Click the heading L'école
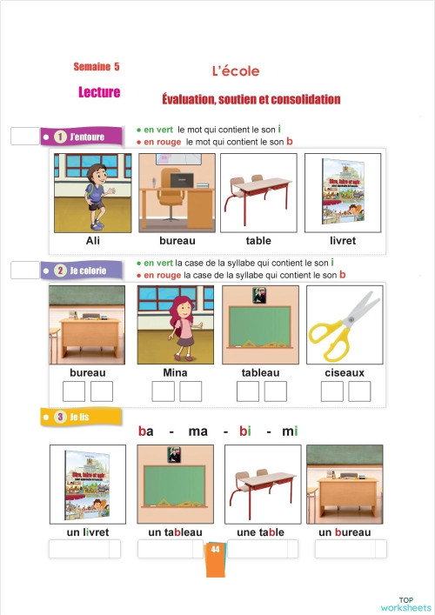tap(236, 70)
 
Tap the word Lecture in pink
tap(99, 92)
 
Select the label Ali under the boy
tap(93, 240)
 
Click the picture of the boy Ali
tap(93, 191)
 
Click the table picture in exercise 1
tap(258, 191)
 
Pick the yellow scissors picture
tap(345, 324)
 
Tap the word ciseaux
tap(345, 372)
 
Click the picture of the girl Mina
tap(176, 324)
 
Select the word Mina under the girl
tap(176, 372)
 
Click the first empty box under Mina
tap(163, 391)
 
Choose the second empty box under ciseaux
tap(358, 391)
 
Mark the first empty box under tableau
tap(247, 391)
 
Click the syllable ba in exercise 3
tap(146, 431)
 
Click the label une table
tap(261, 532)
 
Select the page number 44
tap(215, 549)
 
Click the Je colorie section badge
tap(82, 271)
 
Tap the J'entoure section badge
tap(80, 137)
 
